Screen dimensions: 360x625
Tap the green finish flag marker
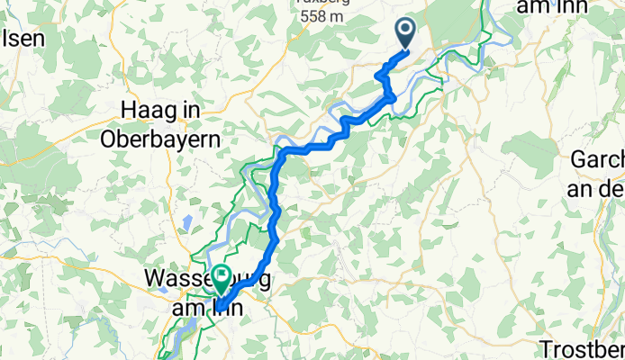220,277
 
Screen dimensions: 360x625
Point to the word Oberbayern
173,139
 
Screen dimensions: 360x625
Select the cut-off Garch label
597,160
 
